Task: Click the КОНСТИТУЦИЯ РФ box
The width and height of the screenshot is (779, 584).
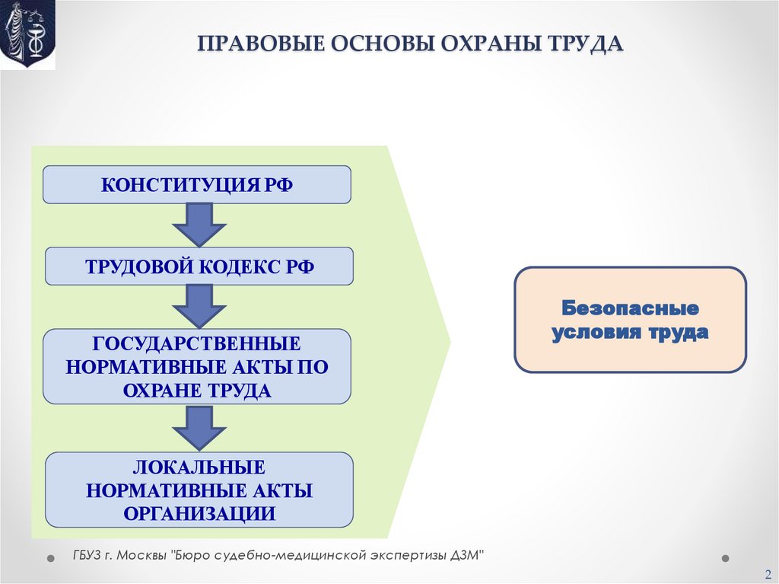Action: [196, 185]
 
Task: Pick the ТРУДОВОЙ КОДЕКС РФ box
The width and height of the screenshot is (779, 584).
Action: [199, 266]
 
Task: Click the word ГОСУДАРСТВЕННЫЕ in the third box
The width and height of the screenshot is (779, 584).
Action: [196, 343]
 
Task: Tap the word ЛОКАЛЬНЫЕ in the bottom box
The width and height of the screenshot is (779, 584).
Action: [199, 466]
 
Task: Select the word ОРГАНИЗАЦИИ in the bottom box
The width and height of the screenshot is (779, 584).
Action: [199, 513]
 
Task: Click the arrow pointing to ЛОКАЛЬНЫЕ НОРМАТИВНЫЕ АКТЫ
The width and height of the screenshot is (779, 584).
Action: [199, 427]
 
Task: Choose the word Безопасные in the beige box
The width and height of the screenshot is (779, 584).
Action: [630, 308]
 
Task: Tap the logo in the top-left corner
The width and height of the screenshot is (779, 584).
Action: [27, 34]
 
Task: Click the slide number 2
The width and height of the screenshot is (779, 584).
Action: [768, 573]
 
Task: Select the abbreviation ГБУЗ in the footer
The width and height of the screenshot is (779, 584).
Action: [86, 555]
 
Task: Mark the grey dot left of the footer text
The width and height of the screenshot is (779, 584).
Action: [51, 558]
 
